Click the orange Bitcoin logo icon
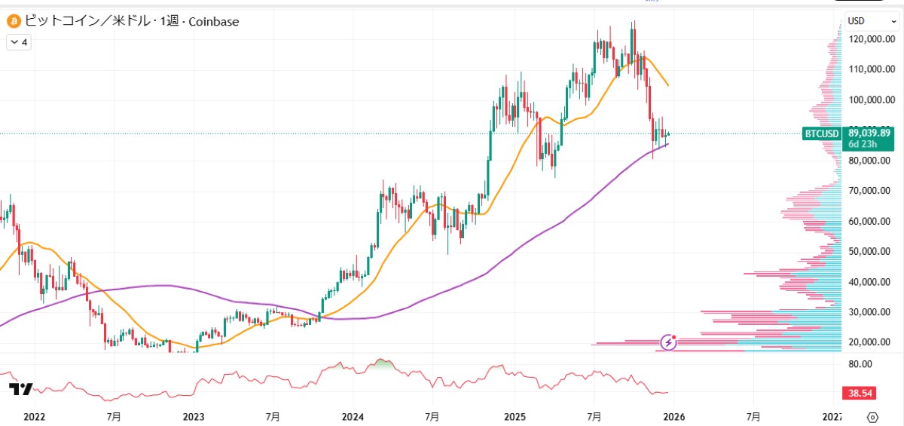click(14, 22)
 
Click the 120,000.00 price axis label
click(871, 39)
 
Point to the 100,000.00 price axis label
click(871, 100)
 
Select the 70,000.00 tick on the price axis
click(871, 191)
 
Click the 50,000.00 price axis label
click(871, 251)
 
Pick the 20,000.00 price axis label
click(871, 342)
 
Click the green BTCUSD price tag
click(821, 134)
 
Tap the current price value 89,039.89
click(869, 133)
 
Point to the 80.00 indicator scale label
click(860, 363)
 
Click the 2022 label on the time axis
click(35, 416)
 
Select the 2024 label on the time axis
click(353, 416)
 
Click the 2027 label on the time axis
click(832, 416)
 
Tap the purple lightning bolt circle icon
click(669, 343)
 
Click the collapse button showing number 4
click(18, 43)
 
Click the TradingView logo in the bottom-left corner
click(20, 389)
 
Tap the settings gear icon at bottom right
click(873, 416)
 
